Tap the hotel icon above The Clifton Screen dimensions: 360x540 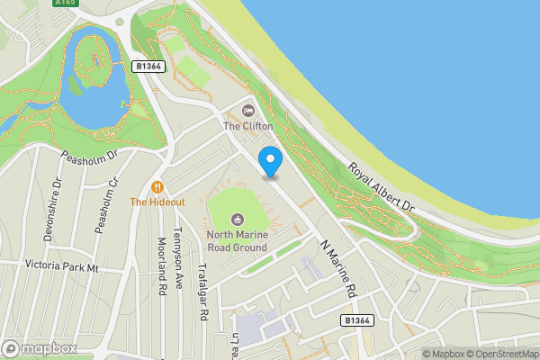(x=248, y=112)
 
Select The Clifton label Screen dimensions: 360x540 (x=248, y=127)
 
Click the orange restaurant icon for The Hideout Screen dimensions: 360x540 (x=157, y=187)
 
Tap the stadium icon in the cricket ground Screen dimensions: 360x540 (x=238, y=218)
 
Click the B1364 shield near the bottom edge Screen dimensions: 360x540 (x=357, y=320)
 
